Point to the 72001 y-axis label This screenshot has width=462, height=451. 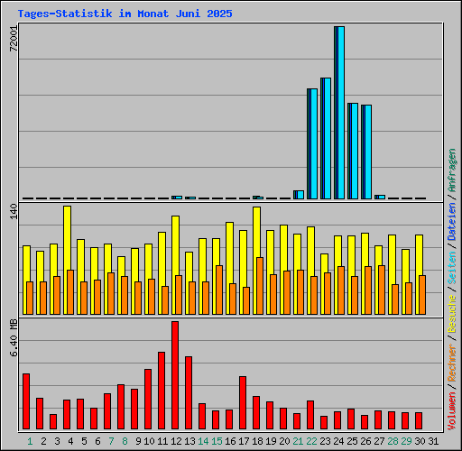(x=13, y=41)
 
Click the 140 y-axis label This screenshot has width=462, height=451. (x=13, y=212)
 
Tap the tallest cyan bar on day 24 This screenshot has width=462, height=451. (x=340, y=113)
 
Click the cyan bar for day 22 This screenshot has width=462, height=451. (x=313, y=143)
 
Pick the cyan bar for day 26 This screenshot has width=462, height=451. (x=367, y=152)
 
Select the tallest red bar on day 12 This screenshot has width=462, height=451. (x=175, y=375)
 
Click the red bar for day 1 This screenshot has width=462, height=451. (x=26, y=401)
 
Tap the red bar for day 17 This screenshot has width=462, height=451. (x=243, y=402)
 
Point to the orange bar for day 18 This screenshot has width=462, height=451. (x=260, y=285)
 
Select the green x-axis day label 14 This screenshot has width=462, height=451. (x=203, y=440)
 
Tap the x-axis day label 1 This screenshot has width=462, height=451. (x=30, y=440)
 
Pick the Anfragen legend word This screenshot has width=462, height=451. (x=452, y=171)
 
